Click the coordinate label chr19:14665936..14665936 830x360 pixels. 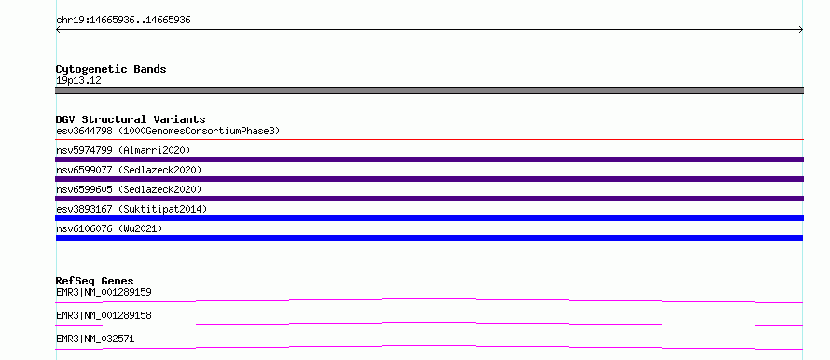(x=123, y=21)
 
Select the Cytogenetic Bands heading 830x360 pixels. (x=111, y=69)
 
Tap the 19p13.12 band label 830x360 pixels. (x=78, y=81)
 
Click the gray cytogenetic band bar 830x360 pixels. (x=429, y=90)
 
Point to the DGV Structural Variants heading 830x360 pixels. (x=131, y=119)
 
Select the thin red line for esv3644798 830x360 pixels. (x=429, y=139)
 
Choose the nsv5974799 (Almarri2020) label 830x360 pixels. (x=123, y=150)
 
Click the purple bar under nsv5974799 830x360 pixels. (x=429, y=159)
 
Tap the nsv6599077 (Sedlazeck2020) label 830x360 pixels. (x=129, y=170)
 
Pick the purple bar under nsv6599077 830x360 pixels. (x=429, y=179)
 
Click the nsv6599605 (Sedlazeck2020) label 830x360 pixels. (x=129, y=189)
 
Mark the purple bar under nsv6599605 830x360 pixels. (x=429, y=199)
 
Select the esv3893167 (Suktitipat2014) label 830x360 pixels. (x=131, y=209)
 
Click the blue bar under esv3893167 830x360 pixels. (x=429, y=218)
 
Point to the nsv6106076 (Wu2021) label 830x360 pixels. (x=109, y=228)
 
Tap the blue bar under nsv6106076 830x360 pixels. (x=429, y=238)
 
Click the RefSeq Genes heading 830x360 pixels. (x=95, y=281)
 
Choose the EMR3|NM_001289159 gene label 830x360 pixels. (x=104, y=292)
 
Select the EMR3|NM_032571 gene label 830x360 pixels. (x=95, y=339)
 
